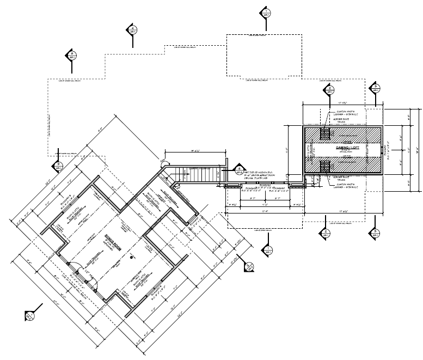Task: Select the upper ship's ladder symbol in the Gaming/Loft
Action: point(325,133)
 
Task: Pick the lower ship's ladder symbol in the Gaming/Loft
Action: point(325,166)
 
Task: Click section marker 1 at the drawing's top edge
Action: point(266,12)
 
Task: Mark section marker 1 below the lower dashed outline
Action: point(267,251)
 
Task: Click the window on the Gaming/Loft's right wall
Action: point(382,149)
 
